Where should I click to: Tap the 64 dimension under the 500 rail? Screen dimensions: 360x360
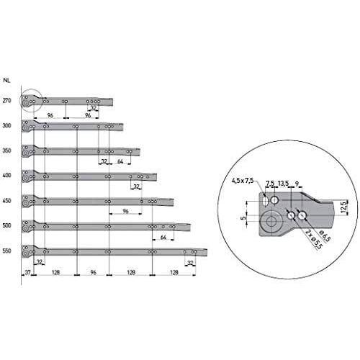(x=164, y=236)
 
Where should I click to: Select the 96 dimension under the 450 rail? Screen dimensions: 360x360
(x=125, y=212)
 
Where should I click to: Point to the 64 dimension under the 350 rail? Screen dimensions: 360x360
(x=120, y=162)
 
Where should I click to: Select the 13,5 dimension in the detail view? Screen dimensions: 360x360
(x=284, y=183)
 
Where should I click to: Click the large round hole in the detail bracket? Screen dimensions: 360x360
(x=270, y=222)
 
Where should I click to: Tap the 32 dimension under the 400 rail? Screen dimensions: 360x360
(x=136, y=186)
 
